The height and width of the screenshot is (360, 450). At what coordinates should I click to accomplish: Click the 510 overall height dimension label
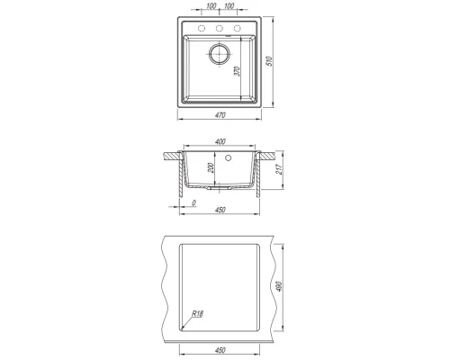click(269, 61)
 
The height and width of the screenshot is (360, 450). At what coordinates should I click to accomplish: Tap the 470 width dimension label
click(220, 115)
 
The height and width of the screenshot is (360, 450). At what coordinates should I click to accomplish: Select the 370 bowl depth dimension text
click(237, 71)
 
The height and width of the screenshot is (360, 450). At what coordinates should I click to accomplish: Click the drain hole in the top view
click(220, 54)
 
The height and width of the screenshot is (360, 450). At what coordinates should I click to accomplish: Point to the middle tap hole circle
click(220, 29)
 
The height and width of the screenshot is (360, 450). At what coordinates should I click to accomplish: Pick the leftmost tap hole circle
click(202, 29)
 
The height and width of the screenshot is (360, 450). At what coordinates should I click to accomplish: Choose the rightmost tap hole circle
click(238, 29)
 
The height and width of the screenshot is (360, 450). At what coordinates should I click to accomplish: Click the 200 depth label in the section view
click(211, 168)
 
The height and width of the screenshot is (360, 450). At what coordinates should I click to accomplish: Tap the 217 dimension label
click(279, 170)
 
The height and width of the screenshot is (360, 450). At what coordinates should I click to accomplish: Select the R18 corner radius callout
click(197, 314)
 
